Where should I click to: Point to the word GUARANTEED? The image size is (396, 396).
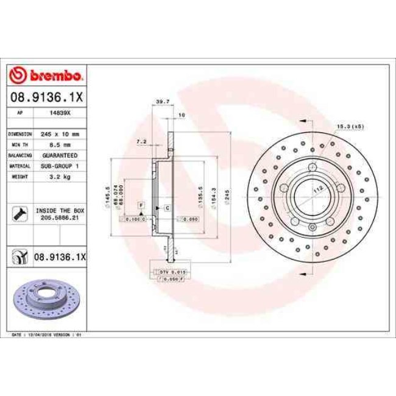(x=60, y=155)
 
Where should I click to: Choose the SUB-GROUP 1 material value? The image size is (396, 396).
(x=60, y=166)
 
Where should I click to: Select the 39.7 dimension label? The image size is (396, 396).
(x=163, y=101)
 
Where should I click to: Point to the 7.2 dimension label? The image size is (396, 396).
(x=141, y=141)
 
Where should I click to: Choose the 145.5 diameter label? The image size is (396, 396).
(x=107, y=195)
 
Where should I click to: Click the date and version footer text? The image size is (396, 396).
(x=48, y=334)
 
